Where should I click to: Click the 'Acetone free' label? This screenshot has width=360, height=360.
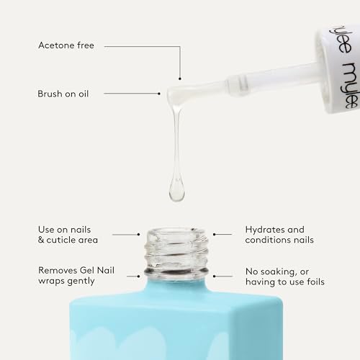click(66, 46)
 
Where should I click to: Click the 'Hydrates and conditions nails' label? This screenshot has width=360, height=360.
click(279, 234)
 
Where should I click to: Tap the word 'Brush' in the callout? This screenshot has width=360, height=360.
click(50, 94)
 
